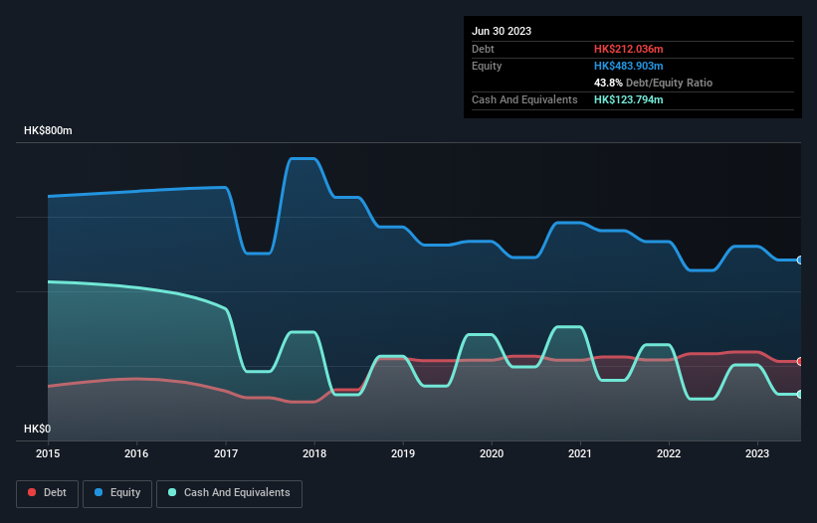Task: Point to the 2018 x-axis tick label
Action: coord(314,454)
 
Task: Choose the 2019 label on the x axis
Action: coord(403,454)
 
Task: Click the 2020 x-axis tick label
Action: coord(492,454)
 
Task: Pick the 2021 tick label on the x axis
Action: coord(580,454)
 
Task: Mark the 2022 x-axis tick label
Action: coord(670,454)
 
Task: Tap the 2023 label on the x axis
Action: coord(758,454)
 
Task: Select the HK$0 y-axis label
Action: coord(39,429)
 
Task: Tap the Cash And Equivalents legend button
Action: coord(229,493)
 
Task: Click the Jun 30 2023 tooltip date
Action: coord(502,31)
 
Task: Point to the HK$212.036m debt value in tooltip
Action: coord(628,49)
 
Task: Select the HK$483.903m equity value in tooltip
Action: coord(629,66)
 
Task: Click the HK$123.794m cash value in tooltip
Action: coord(629,99)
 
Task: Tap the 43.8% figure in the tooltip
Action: coord(608,83)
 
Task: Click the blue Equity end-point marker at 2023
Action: coord(800,260)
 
